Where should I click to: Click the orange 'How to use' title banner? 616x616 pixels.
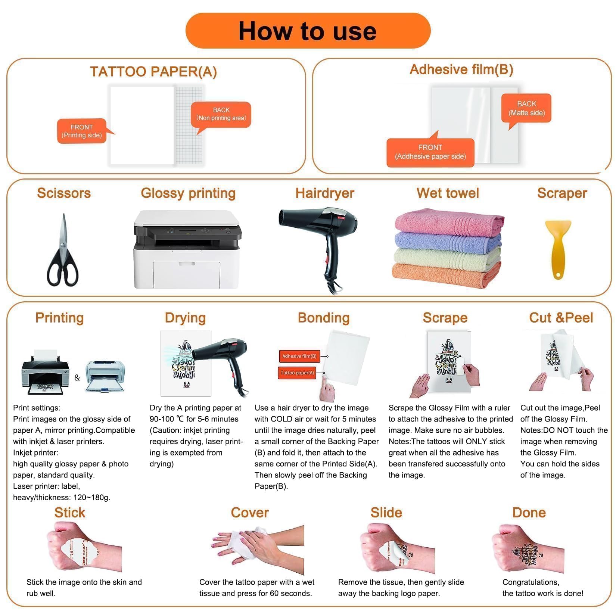coord(308,31)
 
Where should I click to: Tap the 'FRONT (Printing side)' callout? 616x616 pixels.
coord(82,131)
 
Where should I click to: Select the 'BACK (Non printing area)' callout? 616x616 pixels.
coord(221,114)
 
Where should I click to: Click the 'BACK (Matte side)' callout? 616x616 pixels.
coord(526,108)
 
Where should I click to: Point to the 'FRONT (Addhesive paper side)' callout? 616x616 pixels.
coord(430,152)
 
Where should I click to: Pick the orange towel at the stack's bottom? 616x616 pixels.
coord(447,276)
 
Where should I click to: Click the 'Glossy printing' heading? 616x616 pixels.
coord(188,193)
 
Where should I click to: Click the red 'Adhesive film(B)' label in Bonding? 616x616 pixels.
coord(299,356)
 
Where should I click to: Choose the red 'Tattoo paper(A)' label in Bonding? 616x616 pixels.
coord(297,373)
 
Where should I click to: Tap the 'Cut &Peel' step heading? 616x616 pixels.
coord(561,318)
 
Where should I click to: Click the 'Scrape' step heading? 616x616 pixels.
coord(445,318)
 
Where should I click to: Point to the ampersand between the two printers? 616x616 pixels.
coord(77,377)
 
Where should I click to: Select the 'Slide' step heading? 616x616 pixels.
coord(386,513)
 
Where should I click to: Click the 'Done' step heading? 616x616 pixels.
coord(529,513)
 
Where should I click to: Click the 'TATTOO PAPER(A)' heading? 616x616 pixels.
coord(153,72)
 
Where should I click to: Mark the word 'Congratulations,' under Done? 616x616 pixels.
coord(531,582)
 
